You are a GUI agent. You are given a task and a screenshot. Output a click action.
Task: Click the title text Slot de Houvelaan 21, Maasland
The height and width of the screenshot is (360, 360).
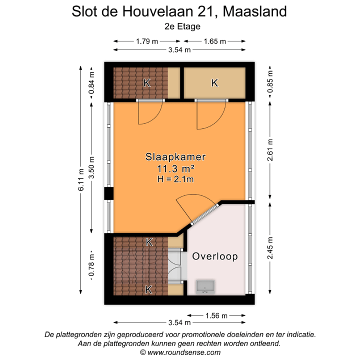179,11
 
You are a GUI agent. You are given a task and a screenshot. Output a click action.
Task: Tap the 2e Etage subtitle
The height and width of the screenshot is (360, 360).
180,27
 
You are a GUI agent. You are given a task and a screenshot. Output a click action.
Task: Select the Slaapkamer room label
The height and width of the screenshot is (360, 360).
176,156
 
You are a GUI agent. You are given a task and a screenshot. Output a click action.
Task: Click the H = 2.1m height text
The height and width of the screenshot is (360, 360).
176,178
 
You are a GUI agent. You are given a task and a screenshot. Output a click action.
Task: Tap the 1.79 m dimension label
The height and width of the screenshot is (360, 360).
147,41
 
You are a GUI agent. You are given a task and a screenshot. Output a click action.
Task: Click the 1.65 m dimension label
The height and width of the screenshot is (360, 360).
215,41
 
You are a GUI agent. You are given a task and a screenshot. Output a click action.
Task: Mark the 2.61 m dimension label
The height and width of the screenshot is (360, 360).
270,151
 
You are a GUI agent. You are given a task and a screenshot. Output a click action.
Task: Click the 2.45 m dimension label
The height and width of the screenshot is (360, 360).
270,248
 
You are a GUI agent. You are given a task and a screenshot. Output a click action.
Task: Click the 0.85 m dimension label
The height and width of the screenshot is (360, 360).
270,82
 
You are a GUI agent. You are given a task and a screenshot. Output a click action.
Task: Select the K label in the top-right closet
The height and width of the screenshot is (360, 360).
214,83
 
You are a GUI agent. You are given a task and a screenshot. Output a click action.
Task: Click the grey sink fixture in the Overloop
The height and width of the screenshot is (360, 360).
206,286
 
